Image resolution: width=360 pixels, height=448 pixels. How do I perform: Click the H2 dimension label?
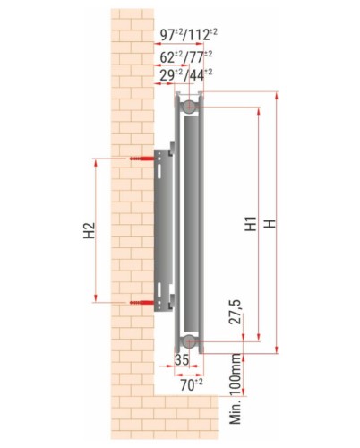pyautogui.click(x=89, y=230)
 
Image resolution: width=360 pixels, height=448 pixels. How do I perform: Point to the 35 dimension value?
pyautogui.click(x=182, y=359)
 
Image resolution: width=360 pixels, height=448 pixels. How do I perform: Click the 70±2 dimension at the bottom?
pyautogui.click(x=192, y=384)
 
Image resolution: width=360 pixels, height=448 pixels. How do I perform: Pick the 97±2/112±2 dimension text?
pyautogui.click(x=189, y=35)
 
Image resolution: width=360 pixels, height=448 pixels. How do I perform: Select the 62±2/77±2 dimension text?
pyautogui.click(x=186, y=56)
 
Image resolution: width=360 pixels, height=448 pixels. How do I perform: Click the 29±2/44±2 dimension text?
pyautogui.click(x=186, y=75)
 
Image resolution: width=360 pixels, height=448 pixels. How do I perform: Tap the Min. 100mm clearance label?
pyautogui.click(x=236, y=389)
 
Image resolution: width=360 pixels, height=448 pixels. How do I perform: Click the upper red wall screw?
pyautogui.click(x=141, y=159)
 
